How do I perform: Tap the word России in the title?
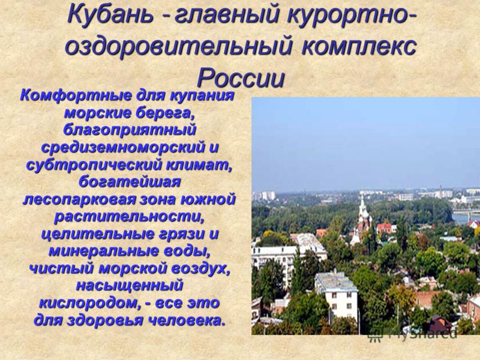(241, 77)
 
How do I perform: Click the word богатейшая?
(129, 183)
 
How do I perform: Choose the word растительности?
(129, 217)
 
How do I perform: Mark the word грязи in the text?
(178, 235)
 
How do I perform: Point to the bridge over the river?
(466, 212)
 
